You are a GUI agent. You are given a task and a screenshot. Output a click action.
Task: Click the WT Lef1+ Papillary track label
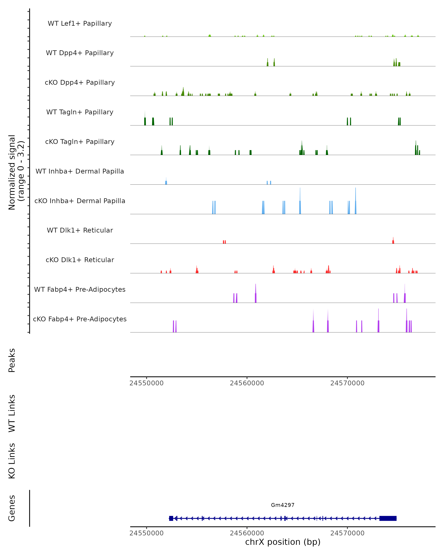click(80, 23)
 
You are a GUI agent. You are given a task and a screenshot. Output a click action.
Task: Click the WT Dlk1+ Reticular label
click(80, 230)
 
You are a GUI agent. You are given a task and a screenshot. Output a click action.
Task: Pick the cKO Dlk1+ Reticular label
click(80, 260)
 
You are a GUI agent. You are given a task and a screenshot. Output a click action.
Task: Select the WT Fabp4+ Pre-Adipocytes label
click(80, 289)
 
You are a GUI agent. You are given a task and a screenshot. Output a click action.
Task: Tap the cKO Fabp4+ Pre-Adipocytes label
click(80, 319)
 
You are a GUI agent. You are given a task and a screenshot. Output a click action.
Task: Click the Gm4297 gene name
click(283, 505)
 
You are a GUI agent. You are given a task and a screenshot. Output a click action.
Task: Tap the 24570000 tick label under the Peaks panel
click(347, 383)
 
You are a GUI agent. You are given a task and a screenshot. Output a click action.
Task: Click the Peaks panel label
click(12, 360)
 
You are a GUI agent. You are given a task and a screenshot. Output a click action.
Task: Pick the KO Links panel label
click(12, 461)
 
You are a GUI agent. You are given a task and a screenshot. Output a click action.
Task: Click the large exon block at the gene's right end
click(388, 518)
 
